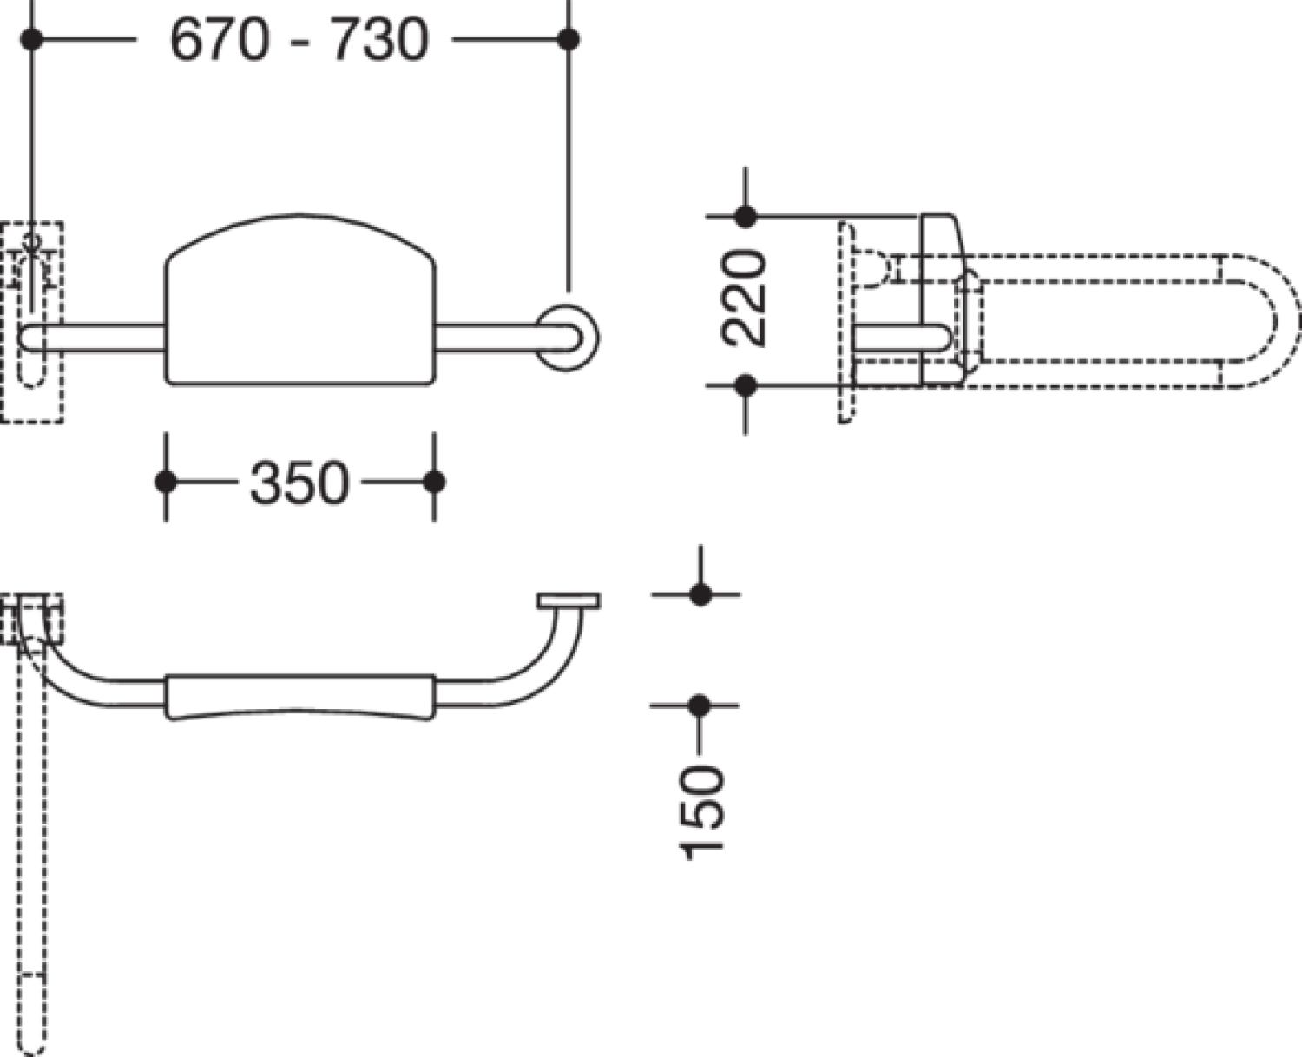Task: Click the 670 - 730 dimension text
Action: (299, 40)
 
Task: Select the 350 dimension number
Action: (299, 483)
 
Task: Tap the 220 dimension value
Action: (744, 299)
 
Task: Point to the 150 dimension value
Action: (701, 812)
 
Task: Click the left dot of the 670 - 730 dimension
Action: (31, 40)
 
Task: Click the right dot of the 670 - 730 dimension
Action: (569, 40)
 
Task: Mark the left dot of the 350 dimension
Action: (166, 482)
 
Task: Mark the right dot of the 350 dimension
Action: (434, 482)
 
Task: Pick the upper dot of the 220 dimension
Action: (745, 216)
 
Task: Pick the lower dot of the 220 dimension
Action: (745, 385)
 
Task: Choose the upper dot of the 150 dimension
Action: (700, 594)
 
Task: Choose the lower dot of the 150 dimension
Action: (700, 706)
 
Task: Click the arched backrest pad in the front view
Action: (300, 299)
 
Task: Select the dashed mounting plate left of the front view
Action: (31, 322)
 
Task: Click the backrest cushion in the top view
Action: (300, 697)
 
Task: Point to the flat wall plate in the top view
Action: (569, 601)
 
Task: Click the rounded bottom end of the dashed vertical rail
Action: (31, 1033)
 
